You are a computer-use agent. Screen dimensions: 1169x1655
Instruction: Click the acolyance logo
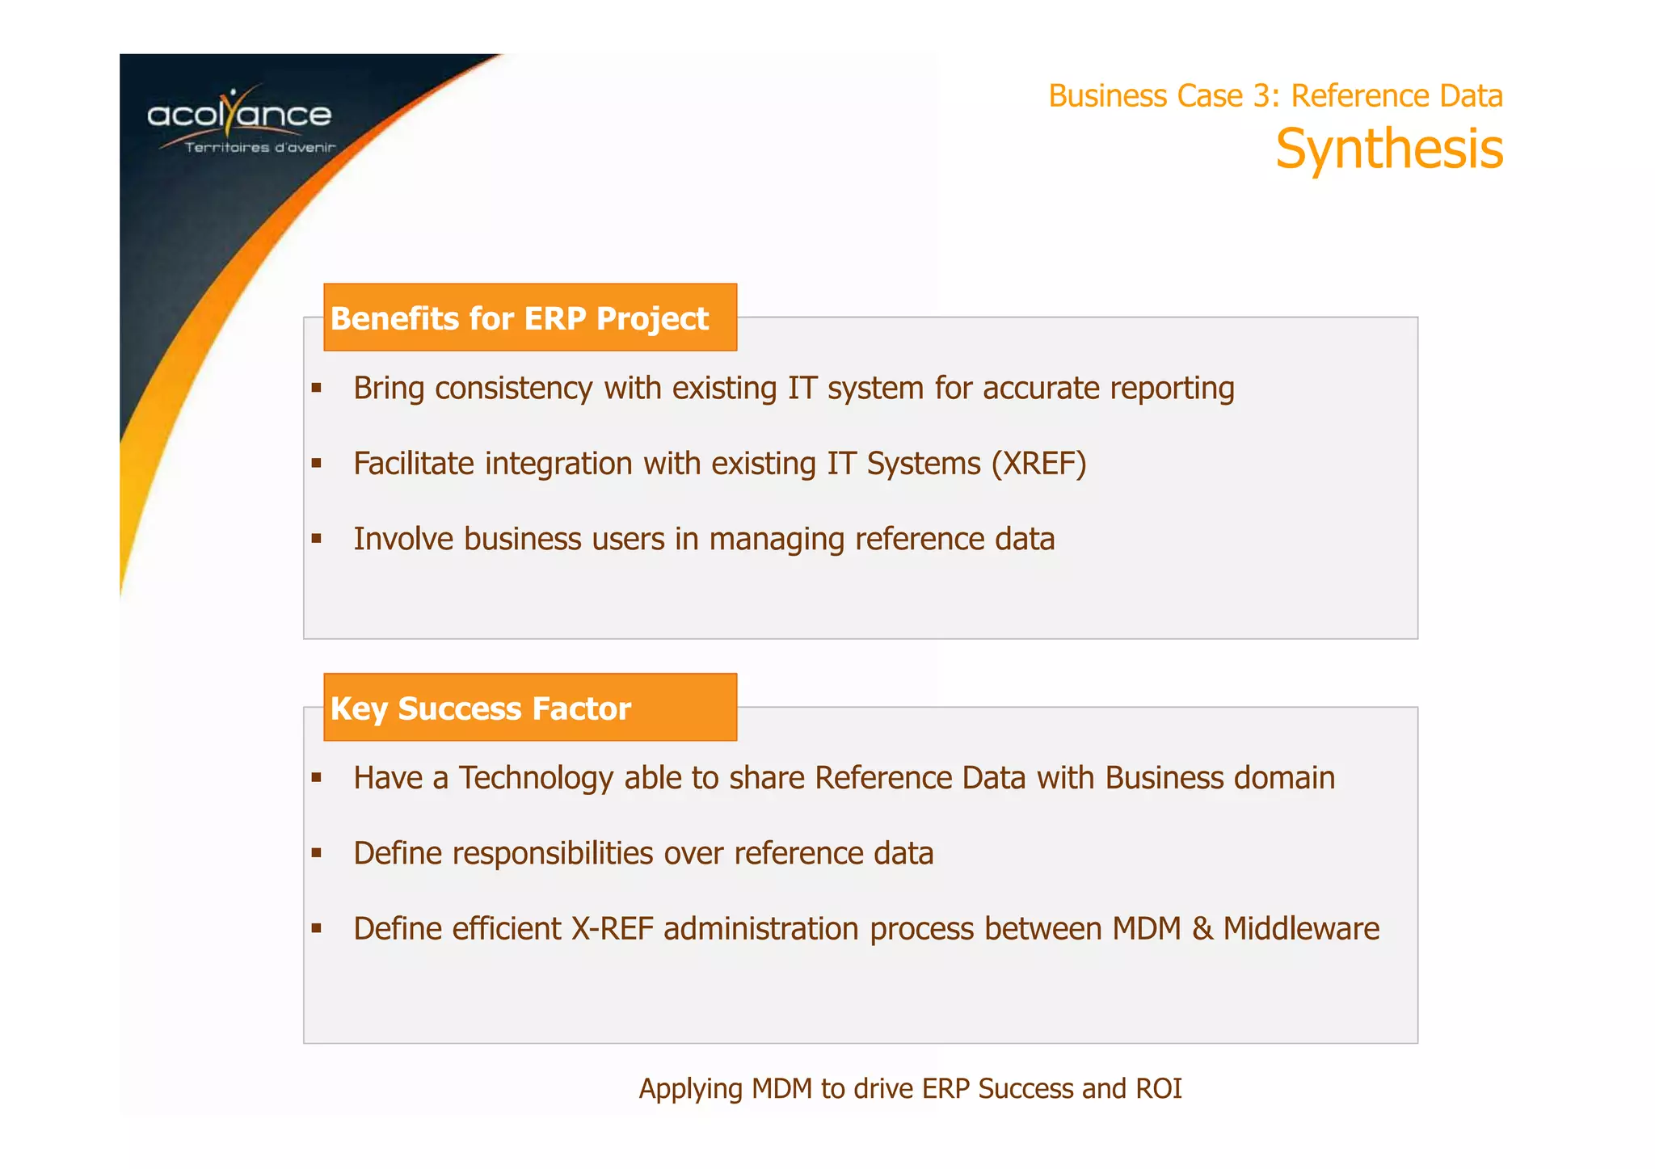[x=240, y=115]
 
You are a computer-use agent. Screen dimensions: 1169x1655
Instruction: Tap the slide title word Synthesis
[x=1388, y=149]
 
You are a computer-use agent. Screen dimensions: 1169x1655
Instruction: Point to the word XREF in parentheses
[x=1038, y=464]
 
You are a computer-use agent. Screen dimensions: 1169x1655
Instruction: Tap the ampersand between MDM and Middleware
[x=1202, y=929]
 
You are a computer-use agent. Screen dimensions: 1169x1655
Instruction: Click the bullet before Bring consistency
[x=317, y=389]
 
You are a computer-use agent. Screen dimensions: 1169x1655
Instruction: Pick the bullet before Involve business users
[x=317, y=539]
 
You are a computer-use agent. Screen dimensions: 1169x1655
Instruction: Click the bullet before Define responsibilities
[x=317, y=853]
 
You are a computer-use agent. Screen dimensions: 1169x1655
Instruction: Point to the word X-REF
[x=612, y=929]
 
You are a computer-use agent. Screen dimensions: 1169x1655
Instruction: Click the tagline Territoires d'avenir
[x=259, y=148]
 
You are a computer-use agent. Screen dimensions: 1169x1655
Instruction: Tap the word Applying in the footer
[x=691, y=1089]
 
